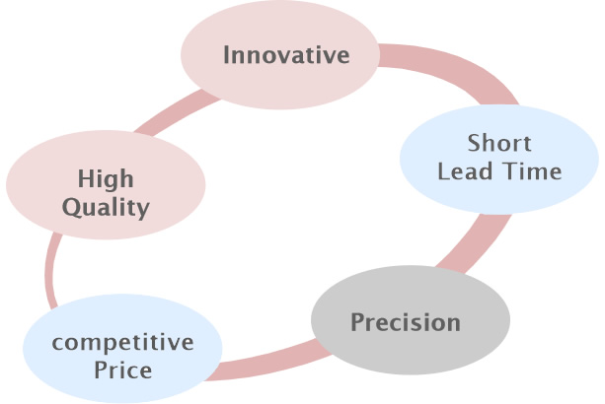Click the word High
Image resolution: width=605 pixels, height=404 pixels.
point(106,180)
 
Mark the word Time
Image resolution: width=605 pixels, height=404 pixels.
point(532,171)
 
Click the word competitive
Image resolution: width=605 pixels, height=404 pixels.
point(122,343)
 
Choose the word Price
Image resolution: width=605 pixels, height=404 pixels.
point(122,370)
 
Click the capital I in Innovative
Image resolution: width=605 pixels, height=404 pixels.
point(226,54)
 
